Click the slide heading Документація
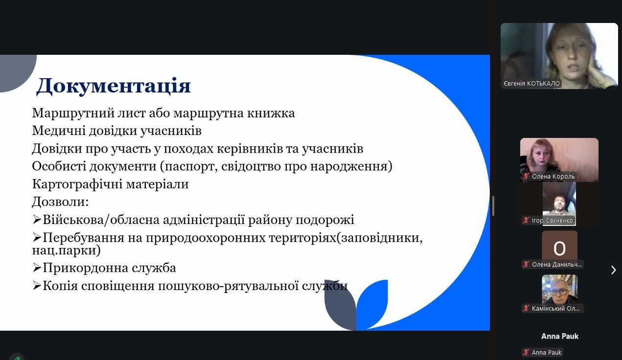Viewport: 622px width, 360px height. click(x=114, y=86)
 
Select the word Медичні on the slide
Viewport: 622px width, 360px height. click(x=59, y=131)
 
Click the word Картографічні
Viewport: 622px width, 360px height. click(x=77, y=184)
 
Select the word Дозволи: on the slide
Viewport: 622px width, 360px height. click(x=60, y=202)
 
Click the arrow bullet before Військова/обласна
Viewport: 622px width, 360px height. click(x=37, y=220)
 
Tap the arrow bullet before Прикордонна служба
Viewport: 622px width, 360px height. click(x=37, y=268)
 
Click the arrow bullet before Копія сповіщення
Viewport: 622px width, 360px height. click(x=37, y=285)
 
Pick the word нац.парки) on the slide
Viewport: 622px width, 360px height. click(x=67, y=250)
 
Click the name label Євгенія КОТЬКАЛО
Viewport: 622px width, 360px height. click(x=532, y=84)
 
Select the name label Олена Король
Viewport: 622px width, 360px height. click(x=553, y=176)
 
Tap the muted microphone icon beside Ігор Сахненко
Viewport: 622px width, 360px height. click(x=526, y=221)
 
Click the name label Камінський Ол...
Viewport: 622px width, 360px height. click(x=555, y=308)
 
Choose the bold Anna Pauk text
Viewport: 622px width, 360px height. click(x=559, y=336)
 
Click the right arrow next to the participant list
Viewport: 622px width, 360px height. click(x=613, y=270)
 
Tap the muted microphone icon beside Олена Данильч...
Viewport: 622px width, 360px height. click(x=526, y=265)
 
